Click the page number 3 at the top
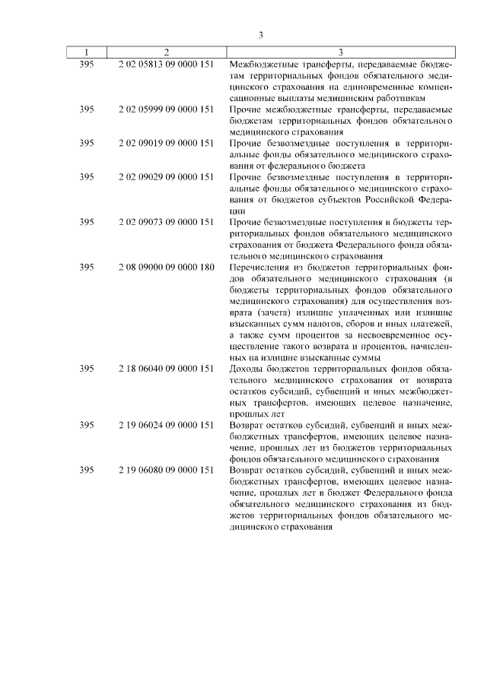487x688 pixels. (260, 35)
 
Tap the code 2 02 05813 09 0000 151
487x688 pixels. (166, 65)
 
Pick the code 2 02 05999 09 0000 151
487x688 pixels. (166, 109)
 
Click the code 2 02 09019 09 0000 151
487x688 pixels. (166, 142)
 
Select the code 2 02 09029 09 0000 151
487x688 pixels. (166, 176)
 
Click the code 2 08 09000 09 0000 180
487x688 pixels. (166, 268)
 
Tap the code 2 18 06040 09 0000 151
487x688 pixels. (166, 368)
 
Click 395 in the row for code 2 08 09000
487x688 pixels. (87, 268)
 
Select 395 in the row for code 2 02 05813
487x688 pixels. (87, 65)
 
